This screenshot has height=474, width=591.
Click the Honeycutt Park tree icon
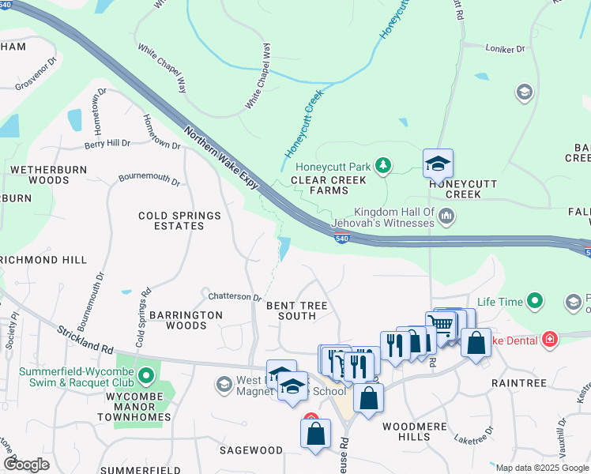[383, 165]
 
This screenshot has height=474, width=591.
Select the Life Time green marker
[536, 301]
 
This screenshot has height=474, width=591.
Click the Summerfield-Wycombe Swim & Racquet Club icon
[145, 374]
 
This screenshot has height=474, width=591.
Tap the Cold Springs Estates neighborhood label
[171, 220]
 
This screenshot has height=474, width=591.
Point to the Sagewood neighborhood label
[250, 450]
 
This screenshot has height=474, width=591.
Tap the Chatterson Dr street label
[235, 297]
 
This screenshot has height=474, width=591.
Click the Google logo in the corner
[26, 465]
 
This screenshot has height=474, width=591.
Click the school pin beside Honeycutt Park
[438, 164]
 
